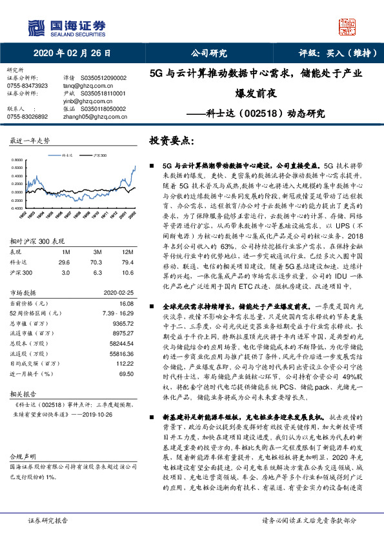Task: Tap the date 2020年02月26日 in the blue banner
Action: [72, 54]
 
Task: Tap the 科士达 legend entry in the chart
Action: [68, 155]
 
